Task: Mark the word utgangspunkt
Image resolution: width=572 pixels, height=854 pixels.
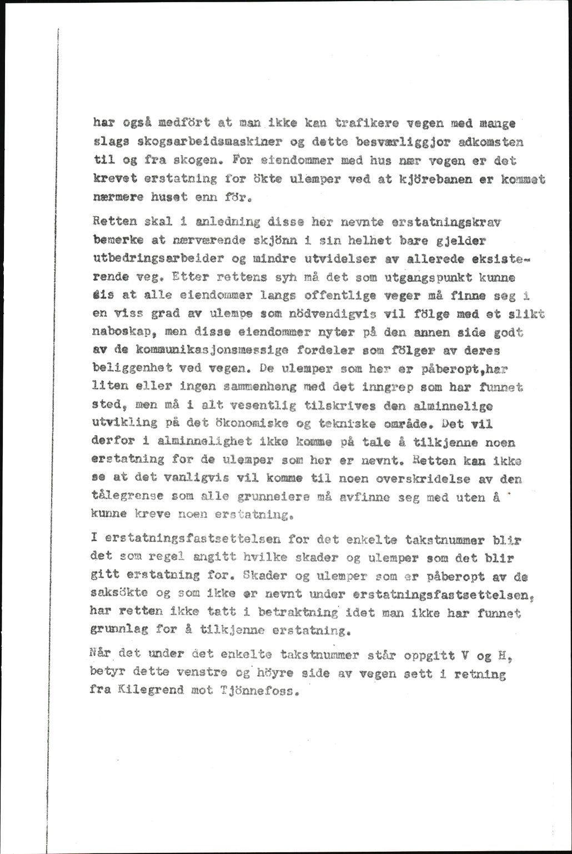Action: tap(435, 276)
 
